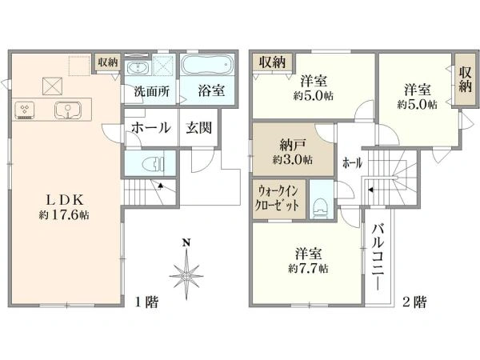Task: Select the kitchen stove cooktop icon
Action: tap(23, 111)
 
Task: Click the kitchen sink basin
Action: tap(66, 111)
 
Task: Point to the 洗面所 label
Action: tap(151, 91)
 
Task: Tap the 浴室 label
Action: tap(210, 91)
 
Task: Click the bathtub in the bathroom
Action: tap(206, 65)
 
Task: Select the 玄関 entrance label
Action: tap(198, 127)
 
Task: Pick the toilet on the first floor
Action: tap(149, 165)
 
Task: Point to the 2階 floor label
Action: tap(414, 302)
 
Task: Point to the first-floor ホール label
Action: tap(149, 128)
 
